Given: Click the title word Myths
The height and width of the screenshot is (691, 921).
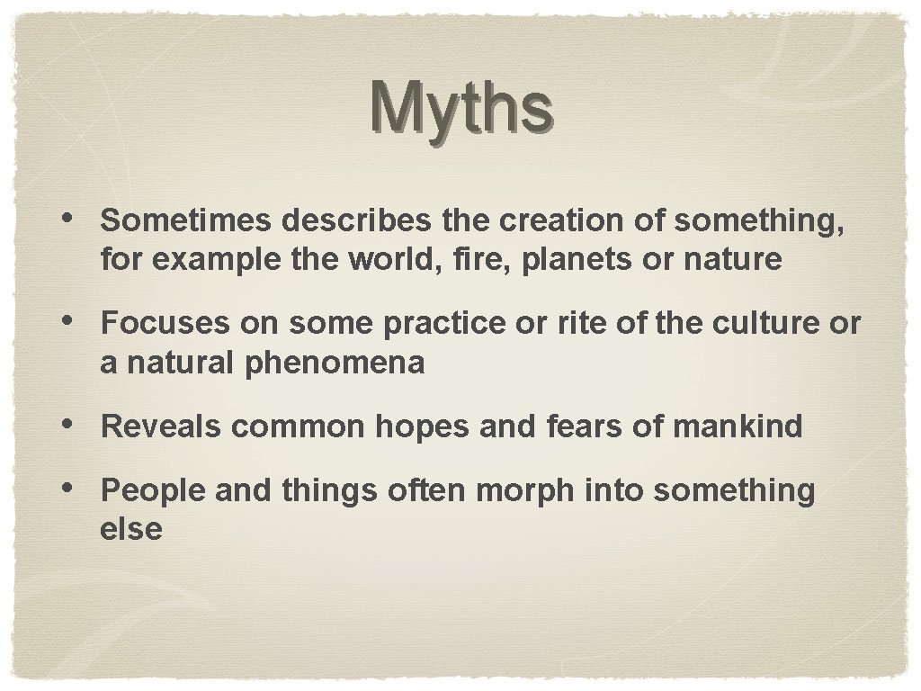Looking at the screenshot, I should (460, 107).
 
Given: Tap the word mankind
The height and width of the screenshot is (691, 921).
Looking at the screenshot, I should (736, 426).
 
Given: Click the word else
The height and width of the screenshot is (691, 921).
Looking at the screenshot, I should (131, 529).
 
